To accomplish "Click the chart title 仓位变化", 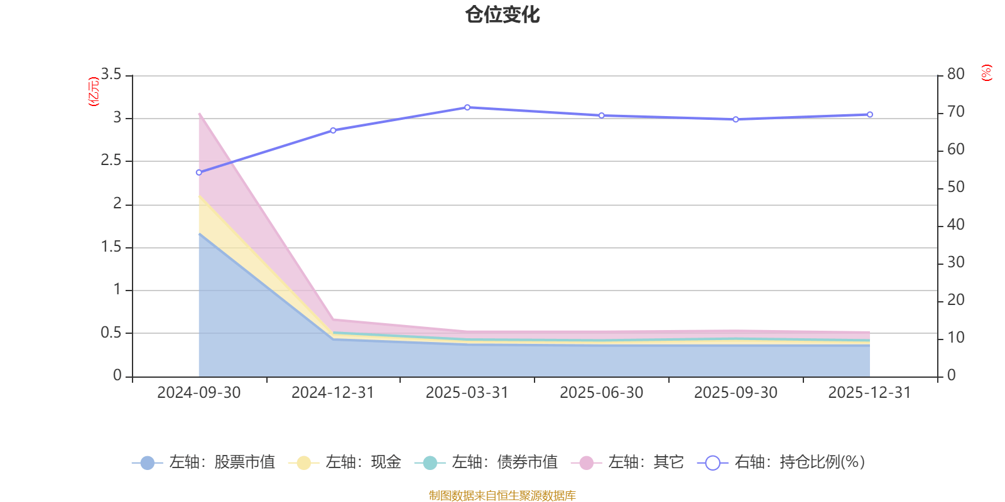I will point(503,14).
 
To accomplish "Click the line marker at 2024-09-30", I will point(199,173).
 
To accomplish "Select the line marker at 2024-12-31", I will point(333,131).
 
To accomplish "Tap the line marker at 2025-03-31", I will point(467,107).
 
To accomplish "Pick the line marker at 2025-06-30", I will point(601,115).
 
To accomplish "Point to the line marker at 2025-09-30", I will point(736,119).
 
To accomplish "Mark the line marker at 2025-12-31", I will point(870,115).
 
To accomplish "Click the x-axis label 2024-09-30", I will point(199,393).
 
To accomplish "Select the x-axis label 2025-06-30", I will point(601,393).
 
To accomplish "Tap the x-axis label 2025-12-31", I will point(869,393).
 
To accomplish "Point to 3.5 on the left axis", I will point(111,75).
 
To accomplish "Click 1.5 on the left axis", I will point(111,247).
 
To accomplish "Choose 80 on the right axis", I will point(955,74).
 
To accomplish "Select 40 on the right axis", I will point(955,225).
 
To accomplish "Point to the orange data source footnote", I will point(502,496).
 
